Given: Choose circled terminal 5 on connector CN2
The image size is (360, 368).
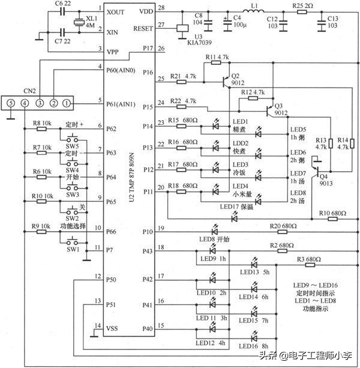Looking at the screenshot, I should click(x=10, y=104).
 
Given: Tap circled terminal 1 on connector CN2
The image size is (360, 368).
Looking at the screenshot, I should click(x=67, y=104).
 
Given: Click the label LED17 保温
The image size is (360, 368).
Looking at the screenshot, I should click(x=245, y=207).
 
